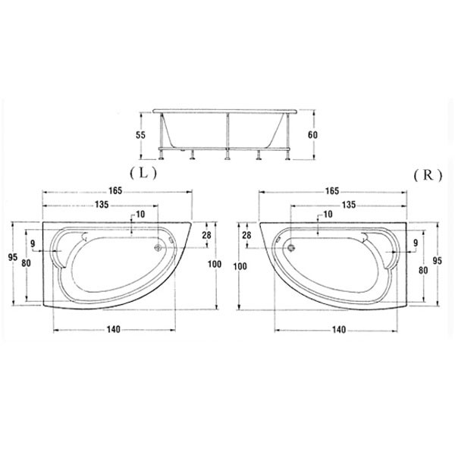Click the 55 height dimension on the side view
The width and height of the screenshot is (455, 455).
(x=141, y=135)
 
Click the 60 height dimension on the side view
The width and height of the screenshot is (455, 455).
(x=312, y=135)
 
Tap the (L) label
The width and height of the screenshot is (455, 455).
(x=143, y=174)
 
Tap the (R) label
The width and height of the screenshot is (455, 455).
(x=428, y=175)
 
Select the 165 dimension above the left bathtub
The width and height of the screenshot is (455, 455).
(x=115, y=190)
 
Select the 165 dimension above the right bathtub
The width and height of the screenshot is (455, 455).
(x=332, y=191)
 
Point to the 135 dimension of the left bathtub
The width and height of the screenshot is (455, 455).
(x=102, y=205)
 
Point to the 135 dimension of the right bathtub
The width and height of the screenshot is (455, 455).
(x=349, y=205)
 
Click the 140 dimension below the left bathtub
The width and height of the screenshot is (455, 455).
(x=113, y=329)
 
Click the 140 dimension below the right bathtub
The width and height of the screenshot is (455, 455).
(x=339, y=330)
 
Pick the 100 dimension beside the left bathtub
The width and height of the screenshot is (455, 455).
(x=215, y=264)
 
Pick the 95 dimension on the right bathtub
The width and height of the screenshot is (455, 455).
(x=438, y=261)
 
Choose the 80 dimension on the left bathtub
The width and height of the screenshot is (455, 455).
(x=26, y=263)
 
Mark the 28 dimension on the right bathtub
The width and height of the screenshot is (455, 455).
(x=246, y=235)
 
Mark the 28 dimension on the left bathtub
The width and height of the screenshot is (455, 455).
(x=206, y=235)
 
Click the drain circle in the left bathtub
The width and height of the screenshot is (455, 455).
(x=158, y=247)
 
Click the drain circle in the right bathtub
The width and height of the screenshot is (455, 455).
(x=291, y=248)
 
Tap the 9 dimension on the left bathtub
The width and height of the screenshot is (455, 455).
(x=33, y=243)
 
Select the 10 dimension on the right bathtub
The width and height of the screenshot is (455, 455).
(x=328, y=215)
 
